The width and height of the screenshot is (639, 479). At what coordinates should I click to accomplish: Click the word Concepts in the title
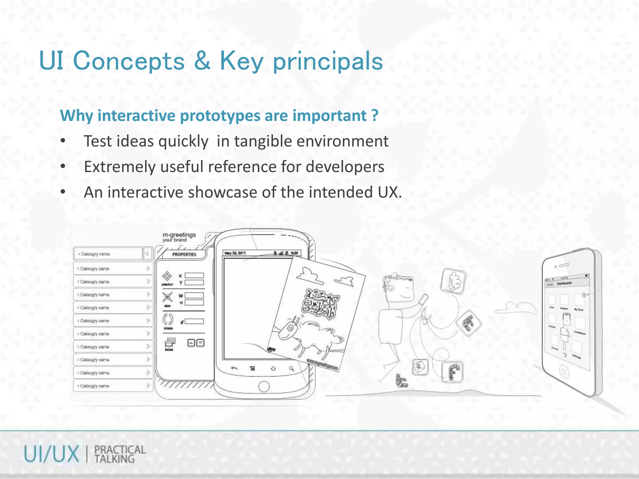coord(129,61)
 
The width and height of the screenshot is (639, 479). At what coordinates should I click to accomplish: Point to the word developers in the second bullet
coord(345,167)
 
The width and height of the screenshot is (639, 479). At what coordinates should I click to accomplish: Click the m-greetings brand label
coord(179,235)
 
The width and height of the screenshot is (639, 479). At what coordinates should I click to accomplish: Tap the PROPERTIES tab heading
coord(184,254)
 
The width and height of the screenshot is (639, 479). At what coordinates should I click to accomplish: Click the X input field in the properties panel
coord(194,275)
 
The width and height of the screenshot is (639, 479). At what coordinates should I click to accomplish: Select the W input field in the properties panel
coord(194,295)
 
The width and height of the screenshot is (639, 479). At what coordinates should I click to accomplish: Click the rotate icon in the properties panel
coord(168,320)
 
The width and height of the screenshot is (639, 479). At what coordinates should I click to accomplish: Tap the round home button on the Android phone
coord(264,386)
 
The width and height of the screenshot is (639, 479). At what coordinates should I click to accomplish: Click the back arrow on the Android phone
coord(234,369)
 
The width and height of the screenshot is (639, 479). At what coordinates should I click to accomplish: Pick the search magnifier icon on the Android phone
coord(291,369)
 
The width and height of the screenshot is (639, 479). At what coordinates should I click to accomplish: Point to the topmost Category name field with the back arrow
coord(108,254)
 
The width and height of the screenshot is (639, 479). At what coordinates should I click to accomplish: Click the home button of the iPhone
coord(563,371)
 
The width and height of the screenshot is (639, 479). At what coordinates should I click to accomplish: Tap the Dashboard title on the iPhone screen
coord(564,283)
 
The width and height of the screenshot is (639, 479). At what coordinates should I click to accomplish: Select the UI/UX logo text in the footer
coord(51,454)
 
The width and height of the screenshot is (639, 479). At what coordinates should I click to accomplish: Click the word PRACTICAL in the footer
coord(120,450)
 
